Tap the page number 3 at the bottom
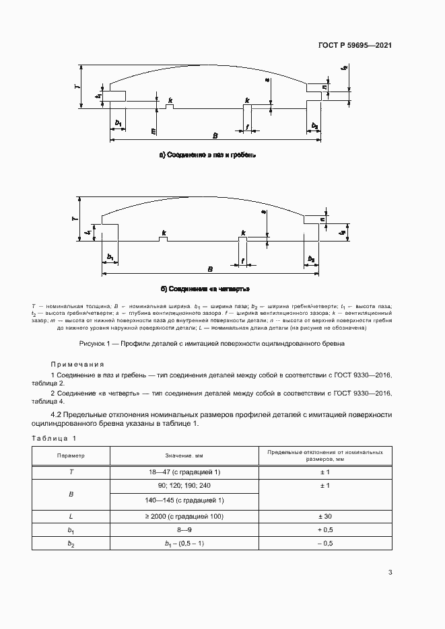pyautogui.click(x=390, y=572)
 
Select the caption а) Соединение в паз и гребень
pyautogui.click(x=207, y=155)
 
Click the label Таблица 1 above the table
pyautogui.click(x=55, y=438)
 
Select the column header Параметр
pyautogui.click(x=71, y=455)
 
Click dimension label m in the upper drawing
pyautogui.click(x=153, y=131)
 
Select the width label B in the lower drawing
pyautogui.click(x=211, y=268)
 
